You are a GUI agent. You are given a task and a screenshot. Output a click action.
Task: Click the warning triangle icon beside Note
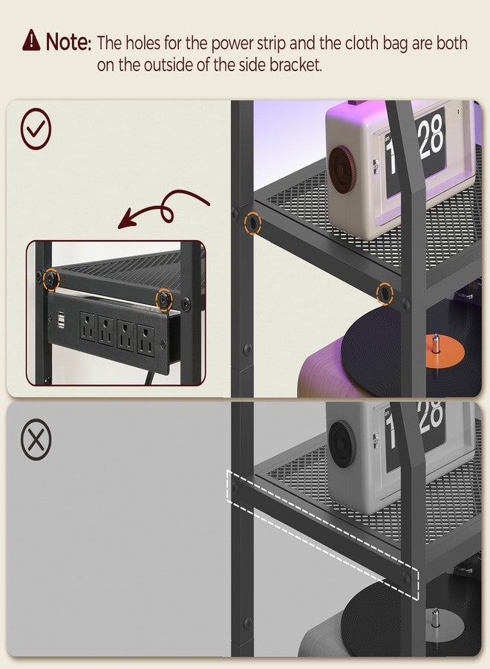(x=31, y=40)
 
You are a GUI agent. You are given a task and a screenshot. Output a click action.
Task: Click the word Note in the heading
(x=68, y=42)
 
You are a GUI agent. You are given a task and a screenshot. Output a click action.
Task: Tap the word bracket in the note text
(x=295, y=65)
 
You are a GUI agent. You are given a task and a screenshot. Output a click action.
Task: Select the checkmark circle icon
(x=36, y=129)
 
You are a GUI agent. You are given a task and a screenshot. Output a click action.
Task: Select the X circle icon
(x=36, y=439)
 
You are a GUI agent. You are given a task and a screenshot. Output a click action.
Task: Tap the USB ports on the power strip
(x=62, y=320)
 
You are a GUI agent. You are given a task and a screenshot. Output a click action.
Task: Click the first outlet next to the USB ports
(x=88, y=328)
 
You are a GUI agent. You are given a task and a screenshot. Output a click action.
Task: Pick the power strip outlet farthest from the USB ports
(x=146, y=341)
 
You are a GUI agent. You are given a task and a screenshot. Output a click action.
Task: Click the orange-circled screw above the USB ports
(x=51, y=279)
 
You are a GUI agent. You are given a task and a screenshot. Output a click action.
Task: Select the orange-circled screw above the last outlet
(x=163, y=299)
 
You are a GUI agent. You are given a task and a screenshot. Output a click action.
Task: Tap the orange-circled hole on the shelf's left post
(x=252, y=223)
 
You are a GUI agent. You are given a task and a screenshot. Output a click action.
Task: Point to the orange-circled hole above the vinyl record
(x=385, y=294)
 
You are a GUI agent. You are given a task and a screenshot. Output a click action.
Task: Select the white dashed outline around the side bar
(x=322, y=535)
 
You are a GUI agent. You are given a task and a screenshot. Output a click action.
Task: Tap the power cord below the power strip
(x=149, y=378)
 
